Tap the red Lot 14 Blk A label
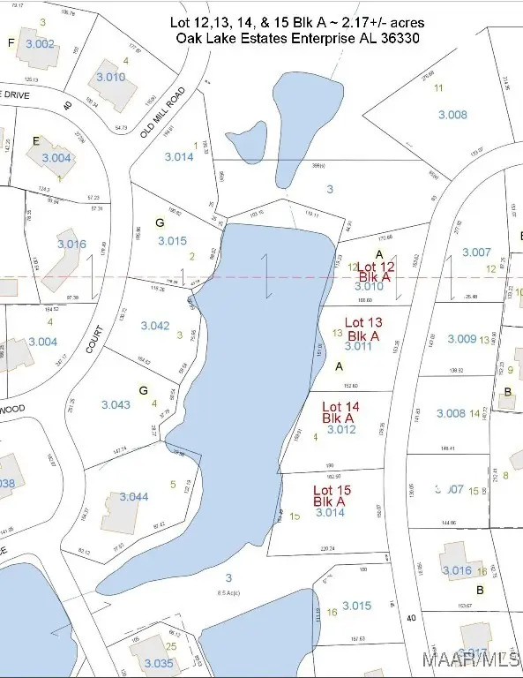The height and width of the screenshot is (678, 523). coord(339,411)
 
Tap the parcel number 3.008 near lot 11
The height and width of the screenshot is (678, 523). coord(452,115)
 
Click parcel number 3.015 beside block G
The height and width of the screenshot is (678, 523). coord(173,240)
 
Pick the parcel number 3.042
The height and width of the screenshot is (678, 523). coord(154,326)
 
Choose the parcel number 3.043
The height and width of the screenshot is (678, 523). coord(115,404)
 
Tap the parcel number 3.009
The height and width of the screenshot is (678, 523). coord(461,338)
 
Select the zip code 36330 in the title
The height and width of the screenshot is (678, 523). coord(399,39)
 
